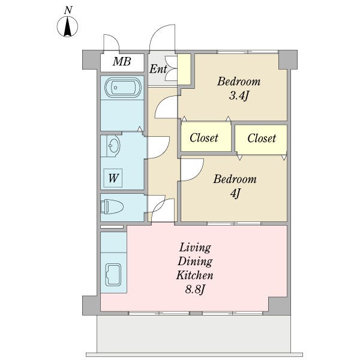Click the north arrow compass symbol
point(67,26)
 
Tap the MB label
point(122,62)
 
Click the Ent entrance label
point(158,69)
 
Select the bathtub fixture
point(123,87)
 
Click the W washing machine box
point(113,178)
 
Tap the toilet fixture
point(112,206)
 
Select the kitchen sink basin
point(113,275)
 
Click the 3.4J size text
point(239,96)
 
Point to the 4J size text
point(235,193)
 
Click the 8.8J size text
point(194,290)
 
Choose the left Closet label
point(204,138)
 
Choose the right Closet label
point(262,138)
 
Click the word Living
point(195,248)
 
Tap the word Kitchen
point(194,275)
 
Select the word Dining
point(195,262)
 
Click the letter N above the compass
point(68,10)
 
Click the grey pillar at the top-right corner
point(288,59)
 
